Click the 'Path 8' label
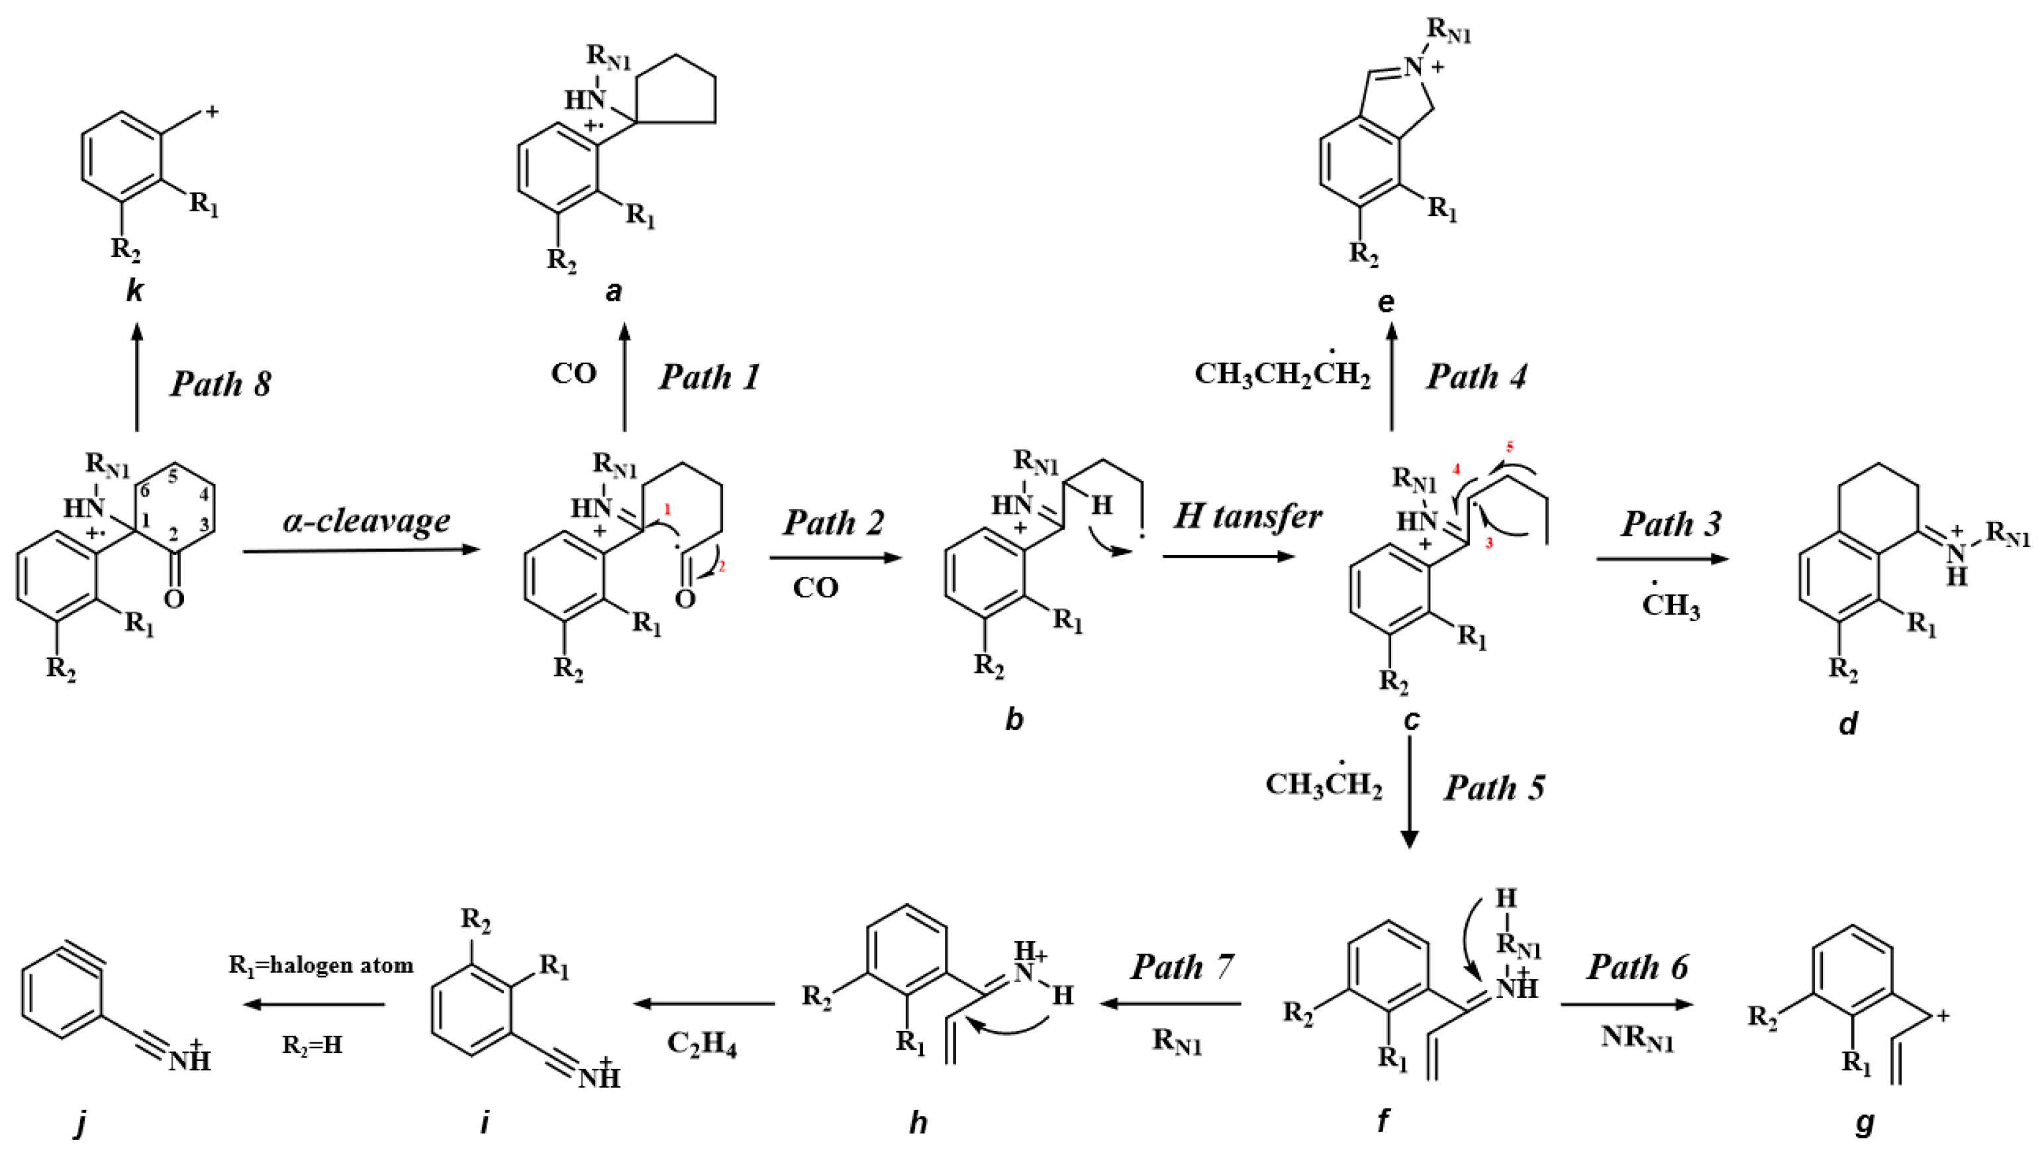click(x=220, y=384)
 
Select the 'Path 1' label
click(x=708, y=377)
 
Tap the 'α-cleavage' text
click(x=367, y=521)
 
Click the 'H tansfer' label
click(x=1247, y=517)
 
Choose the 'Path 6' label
click(x=1637, y=967)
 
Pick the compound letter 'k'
click(x=134, y=291)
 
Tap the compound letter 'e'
click(x=1386, y=301)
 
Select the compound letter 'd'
click(x=1847, y=723)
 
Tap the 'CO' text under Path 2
click(x=815, y=587)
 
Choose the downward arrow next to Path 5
click(x=1410, y=792)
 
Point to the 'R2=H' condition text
click(x=312, y=1045)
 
